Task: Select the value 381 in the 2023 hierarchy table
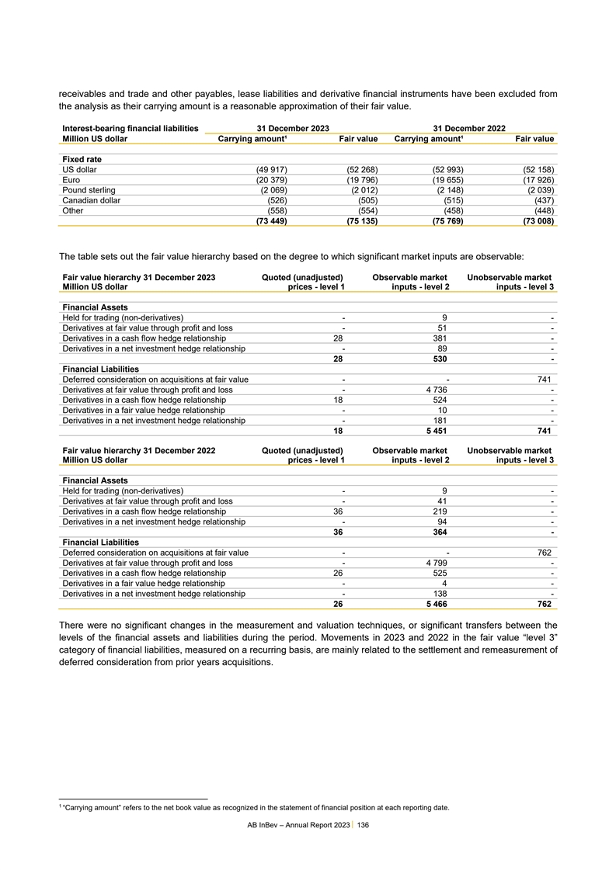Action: [x=440, y=338]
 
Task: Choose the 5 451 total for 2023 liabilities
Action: [x=436, y=430]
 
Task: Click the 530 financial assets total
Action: [x=440, y=359]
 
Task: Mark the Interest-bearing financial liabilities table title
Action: [x=130, y=127]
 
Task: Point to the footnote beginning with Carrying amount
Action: [x=256, y=808]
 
